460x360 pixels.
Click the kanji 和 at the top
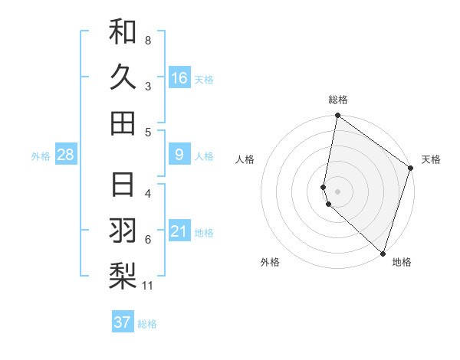pyautogui.click(x=123, y=32)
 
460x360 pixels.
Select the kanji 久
pyautogui.click(x=123, y=77)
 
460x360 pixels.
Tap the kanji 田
pyautogui.click(x=123, y=122)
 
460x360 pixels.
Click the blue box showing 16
pyautogui.click(x=179, y=77)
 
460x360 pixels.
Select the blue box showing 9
pyautogui.click(x=179, y=155)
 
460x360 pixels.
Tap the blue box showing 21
pyautogui.click(x=179, y=231)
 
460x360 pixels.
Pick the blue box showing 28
pyautogui.click(x=66, y=155)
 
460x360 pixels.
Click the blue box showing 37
pyautogui.click(x=123, y=322)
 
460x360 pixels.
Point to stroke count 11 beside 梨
pyautogui.click(x=148, y=286)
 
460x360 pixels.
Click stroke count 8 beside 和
pyautogui.click(x=148, y=40)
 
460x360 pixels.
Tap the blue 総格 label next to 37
pyautogui.click(x=147, y=324)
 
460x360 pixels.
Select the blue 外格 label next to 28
pyautogui.click(x=41, y=156)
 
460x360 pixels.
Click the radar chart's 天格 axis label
pyautogui.click(x=431, y=159)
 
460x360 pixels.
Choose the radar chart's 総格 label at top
pyautogui.click(x=338, y=100)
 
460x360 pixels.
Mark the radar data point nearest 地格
pyautogui.click(x=383, y=254)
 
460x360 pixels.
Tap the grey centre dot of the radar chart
pyautogui.click(x=337, y=191)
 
